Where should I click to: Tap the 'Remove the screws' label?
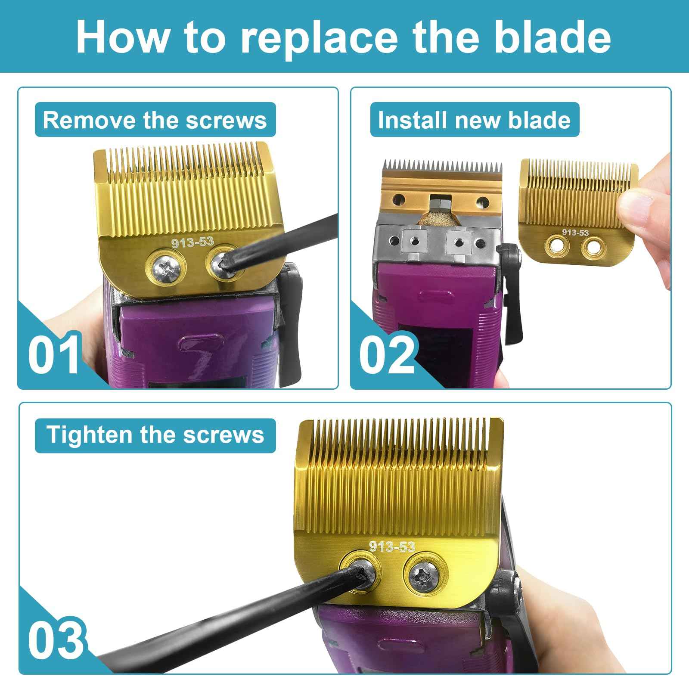coord(155,120)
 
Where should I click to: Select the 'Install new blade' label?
coord(474,120)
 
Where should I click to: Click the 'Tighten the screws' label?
coord(155,435)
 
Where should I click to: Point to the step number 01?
coord(54,353)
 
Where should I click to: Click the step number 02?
coord(387,353)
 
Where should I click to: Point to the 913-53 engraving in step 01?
coord(192,242)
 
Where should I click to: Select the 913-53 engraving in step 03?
coord(392,546)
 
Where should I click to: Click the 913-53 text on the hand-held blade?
coord(575,233)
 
